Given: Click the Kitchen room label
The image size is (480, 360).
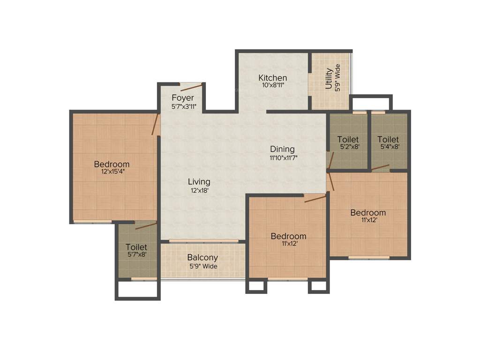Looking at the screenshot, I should tap(272, 77).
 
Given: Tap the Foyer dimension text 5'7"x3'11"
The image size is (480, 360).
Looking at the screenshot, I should tap(184, 106).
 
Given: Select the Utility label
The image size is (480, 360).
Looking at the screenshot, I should tap(329, 78).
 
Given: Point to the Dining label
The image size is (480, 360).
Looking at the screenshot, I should tap(282, 149).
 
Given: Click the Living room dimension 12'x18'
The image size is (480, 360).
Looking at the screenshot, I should tap(199, 190).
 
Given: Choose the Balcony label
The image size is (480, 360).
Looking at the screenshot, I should tap(202, 257).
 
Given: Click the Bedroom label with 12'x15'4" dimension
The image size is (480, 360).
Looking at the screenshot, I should tap(112, 164).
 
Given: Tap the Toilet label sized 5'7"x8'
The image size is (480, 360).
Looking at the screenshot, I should tap(136, 247).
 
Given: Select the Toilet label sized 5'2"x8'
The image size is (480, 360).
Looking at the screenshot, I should tap(348, 139).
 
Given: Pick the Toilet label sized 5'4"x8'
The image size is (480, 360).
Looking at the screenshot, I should tap(388, 139).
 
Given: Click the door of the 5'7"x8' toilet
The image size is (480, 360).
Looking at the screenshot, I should tap(146, 226).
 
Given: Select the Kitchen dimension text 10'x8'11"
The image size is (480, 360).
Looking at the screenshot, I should tap(272, 85).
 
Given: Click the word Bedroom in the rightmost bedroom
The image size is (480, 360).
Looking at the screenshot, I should tap(368, 212).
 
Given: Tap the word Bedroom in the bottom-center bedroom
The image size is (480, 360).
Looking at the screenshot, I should tap(288, 236).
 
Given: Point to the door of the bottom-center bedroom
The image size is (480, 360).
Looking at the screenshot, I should tap(315, 199).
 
